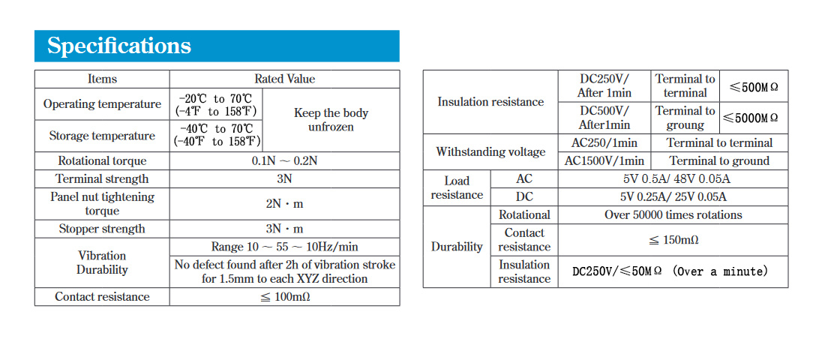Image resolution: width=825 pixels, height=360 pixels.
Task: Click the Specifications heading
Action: (x=119, y=46)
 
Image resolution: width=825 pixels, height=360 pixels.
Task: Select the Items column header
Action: (x=102, y=79)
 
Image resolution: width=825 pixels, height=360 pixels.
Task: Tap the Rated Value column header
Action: (x=285, y=79)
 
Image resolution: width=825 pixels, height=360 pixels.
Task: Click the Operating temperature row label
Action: (x=102, y=103)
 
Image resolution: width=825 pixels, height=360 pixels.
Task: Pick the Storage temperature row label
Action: (x=102, y=136)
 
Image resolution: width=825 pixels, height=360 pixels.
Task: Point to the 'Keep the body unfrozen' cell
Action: (x=331, y=120)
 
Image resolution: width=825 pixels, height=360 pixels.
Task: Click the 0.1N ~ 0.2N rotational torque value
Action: (x=285, y=161)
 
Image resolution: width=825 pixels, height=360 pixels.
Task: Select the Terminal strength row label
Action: (x=102, y=179)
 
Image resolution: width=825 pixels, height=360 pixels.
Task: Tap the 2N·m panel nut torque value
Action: (x=285, y=204)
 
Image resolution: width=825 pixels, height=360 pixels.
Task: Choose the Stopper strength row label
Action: (x=102, y=229)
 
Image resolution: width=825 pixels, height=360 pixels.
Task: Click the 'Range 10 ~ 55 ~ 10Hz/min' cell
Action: (x=285, y=246)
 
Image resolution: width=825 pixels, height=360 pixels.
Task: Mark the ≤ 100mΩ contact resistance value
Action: (x=285, y=297)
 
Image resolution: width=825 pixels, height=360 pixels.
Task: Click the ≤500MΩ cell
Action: (x=754, y=87)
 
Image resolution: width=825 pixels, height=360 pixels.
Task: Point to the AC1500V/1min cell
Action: (x=604, y=161)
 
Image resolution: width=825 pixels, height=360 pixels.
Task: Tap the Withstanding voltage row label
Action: (x=490, y=152)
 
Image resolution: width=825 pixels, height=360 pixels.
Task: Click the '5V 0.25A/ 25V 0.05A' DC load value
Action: (x=673, y=196)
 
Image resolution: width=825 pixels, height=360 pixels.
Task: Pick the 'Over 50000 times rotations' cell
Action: (x=673, y=214)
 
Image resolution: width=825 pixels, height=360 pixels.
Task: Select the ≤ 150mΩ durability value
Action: (x=673, y=240)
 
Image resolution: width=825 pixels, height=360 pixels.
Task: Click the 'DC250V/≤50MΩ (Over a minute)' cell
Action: (x=670, y=271)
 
